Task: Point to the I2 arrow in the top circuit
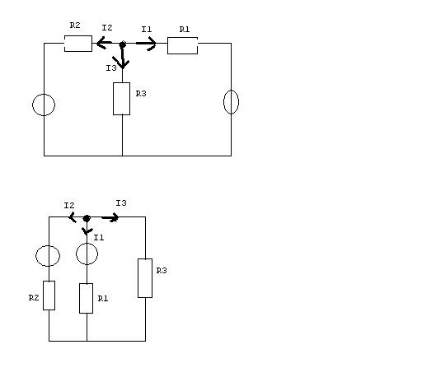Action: click(105, 43)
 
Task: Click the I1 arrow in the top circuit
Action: click(146, 43)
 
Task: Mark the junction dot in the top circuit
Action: click(123, 44)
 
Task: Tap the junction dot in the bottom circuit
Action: click(87, 218)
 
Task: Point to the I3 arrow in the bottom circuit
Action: click(110, 218)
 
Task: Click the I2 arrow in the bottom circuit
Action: click(73, 217)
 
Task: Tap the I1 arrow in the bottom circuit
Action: click(87, 230)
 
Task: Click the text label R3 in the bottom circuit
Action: click(162, 271)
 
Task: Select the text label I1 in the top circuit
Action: click(147, 29)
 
